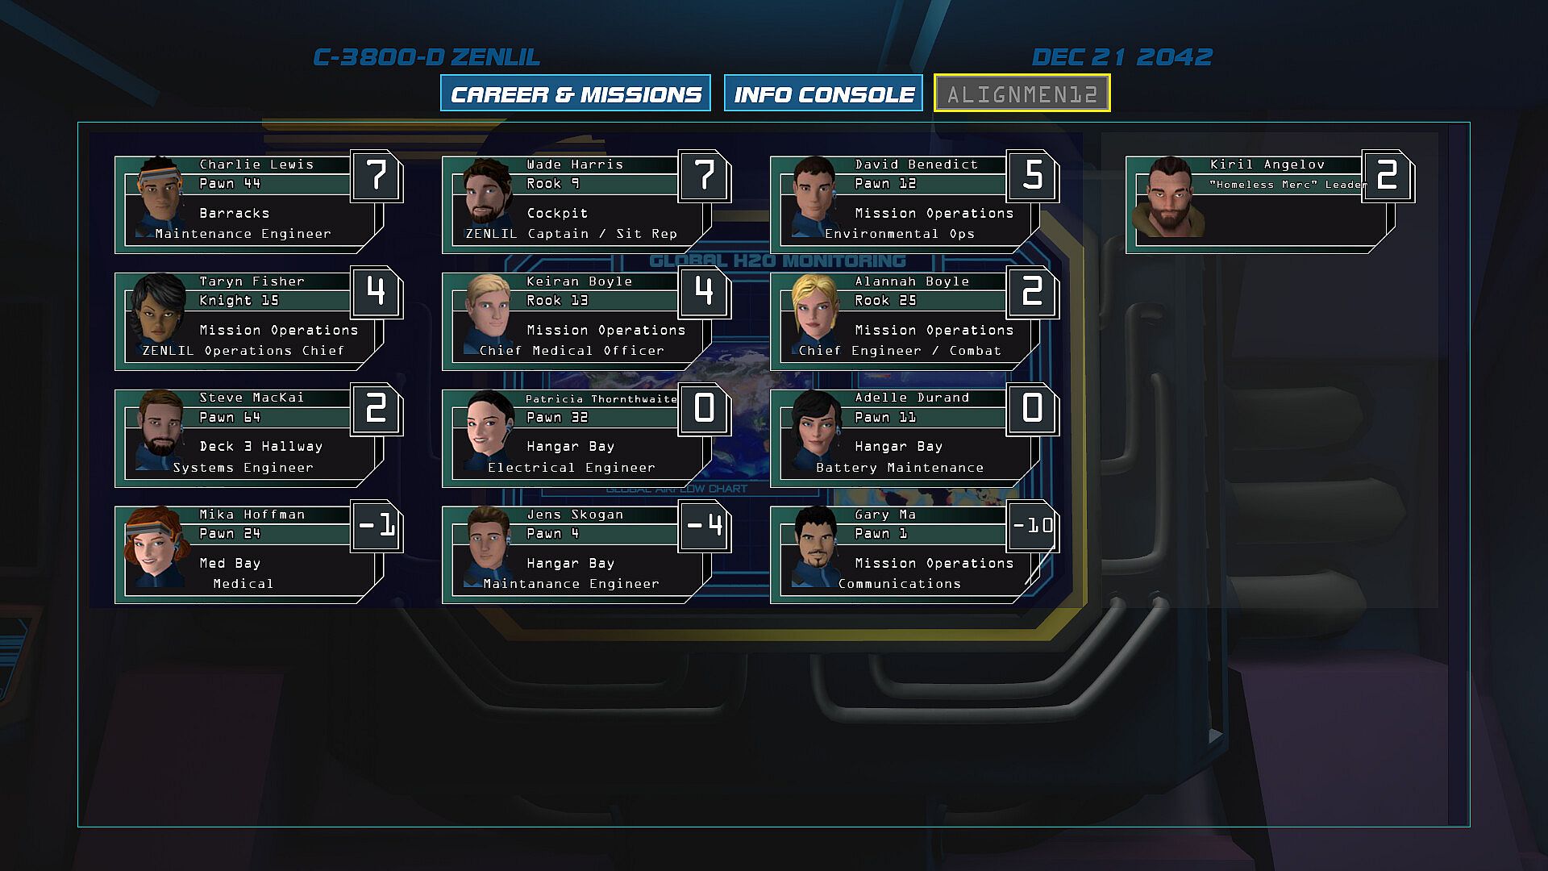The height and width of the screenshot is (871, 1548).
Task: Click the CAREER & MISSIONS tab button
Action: coord(576,94)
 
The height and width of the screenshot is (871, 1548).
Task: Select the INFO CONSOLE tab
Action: coord(823,94)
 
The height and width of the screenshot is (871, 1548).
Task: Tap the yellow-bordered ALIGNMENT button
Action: coord(1022,94)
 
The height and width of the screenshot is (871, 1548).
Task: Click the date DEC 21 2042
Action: coord(1121,57)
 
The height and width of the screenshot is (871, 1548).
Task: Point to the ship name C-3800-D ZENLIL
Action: coord(427,57)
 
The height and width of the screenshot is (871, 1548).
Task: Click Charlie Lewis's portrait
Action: coord(160,198)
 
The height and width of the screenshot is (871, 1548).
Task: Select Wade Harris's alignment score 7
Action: coord(704,175)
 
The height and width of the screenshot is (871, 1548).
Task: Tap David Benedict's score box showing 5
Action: coord(1032,175)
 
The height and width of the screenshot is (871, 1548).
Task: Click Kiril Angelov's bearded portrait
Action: coord(1168,198)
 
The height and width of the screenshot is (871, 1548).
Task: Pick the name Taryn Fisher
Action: coord(252,281)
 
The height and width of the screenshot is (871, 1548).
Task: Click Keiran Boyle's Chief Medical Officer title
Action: coord(572,351)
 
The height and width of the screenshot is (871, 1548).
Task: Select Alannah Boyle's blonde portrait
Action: coord(814,315)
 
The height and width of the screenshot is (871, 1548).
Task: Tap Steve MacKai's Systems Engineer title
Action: coord(243,468)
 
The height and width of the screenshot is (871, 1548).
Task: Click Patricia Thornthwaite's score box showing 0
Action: coord(704,409)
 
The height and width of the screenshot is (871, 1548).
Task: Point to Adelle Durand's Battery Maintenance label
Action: coord(900,468)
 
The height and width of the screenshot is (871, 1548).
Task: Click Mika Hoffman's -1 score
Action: coord(377,526)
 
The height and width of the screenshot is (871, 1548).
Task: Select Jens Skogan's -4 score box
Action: coord(704,526)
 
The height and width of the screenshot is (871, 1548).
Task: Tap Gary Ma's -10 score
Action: coord(1032,526)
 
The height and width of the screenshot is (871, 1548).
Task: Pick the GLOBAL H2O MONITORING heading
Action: coord(777,261)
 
